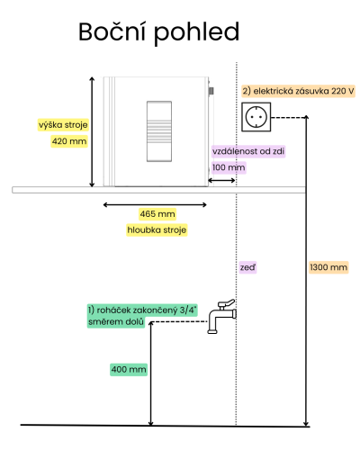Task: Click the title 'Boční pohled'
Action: point(158,32)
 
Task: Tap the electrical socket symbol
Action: point(256,117)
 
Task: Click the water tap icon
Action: point(221,316)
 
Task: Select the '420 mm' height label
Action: point(69,141)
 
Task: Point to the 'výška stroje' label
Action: point(63,125)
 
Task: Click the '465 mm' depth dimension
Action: point(157,214)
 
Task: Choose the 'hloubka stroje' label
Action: point(157,230)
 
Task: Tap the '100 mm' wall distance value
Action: point(229,167)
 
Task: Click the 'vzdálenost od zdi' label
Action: point(248,151)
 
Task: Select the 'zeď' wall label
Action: point(247,267)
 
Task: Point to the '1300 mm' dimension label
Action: point(328,267)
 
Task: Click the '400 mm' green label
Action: point(129,369)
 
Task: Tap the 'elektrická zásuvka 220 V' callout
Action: point(299,91)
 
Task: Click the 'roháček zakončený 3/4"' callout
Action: point(142,310)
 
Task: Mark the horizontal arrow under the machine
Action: point(155,205)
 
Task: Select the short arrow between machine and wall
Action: point(221,180)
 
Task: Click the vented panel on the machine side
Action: point(159,131)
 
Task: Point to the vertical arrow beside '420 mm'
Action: point(92,131)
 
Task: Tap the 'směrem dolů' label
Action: point(116,322)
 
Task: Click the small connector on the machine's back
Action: point(211,91)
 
